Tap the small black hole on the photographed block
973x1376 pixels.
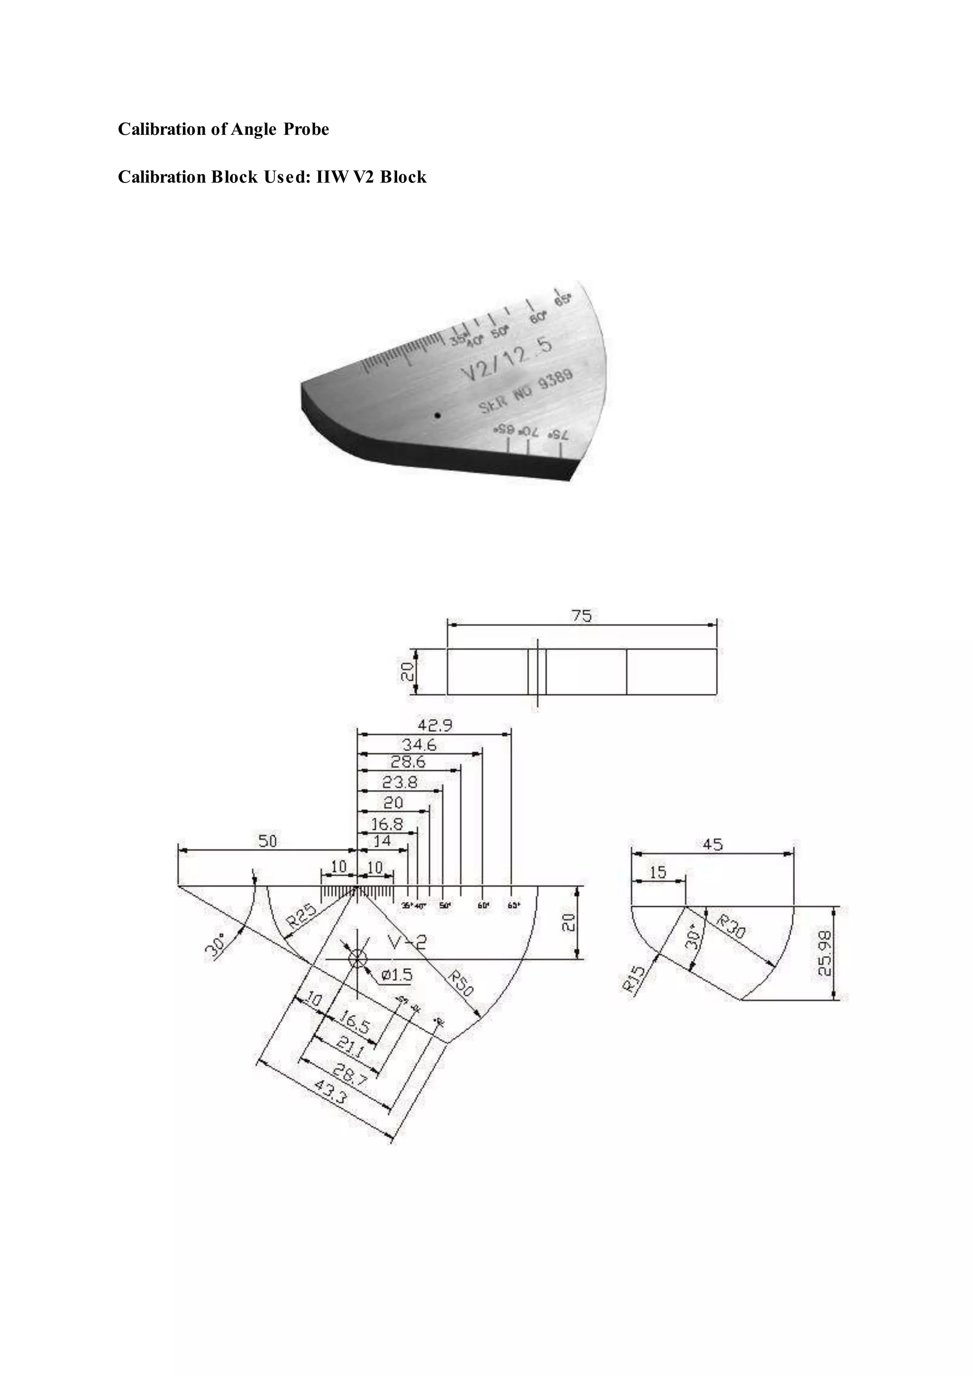click(x=438, y=415)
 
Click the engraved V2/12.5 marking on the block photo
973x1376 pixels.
click(x=506, y=358)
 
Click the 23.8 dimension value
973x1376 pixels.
click(x=400, y=782)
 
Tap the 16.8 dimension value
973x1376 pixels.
click(x=387, y=824)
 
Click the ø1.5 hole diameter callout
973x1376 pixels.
click(x=397, y=975)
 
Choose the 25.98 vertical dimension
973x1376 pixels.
click(x=826, y=954)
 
